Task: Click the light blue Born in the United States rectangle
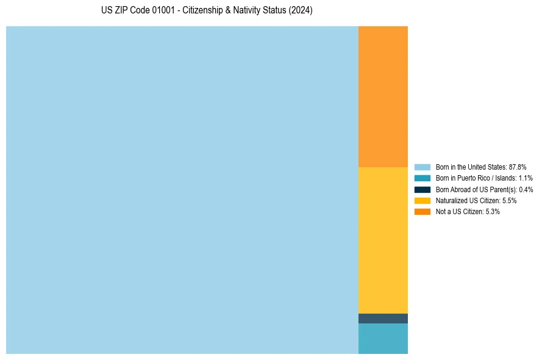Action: click(182, 190)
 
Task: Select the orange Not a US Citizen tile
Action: click(383, 96)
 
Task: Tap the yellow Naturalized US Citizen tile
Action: click(383, 240)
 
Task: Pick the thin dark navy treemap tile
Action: click(383, 319)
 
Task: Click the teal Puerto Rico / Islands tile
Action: click(383, 338)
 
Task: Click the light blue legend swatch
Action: click(422, 167)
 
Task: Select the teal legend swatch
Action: click(422, 178)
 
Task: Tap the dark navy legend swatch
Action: click(422, 189)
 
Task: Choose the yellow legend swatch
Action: click(422, 200)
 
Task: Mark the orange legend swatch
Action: click(422, 211)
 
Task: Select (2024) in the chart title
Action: click(300, 11)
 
